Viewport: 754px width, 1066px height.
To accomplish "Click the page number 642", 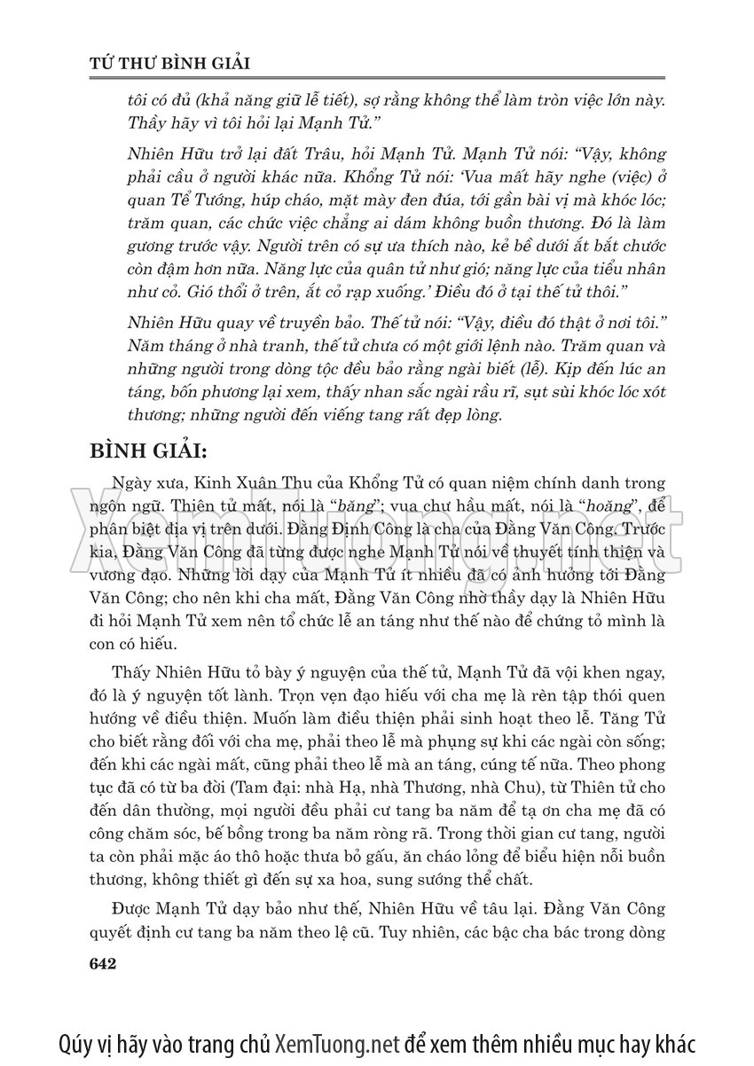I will point(105,963).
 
